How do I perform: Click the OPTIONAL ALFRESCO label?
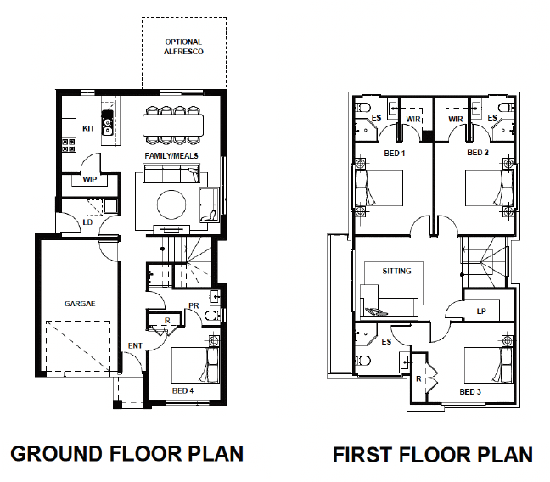tap(183, 47)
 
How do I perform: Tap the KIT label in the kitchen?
tap(88, 128)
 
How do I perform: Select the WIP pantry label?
tap(90, 179)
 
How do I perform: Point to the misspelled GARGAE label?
tap(80, 304)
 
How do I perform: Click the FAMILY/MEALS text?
tap(171, 155)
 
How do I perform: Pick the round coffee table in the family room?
tap(171, 205)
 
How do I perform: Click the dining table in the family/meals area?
tap(173, 125)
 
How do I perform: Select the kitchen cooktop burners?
tap(69, 145)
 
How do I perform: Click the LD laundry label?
tap(87, 222)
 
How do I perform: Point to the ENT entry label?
tap(135, 346)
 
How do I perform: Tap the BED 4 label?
tap(182, 390)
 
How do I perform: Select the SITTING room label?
tap(396, 271)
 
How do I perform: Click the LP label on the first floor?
tap(481, 311)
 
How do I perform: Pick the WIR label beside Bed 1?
tap(413, 119)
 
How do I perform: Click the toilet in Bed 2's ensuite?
tap(506, 106)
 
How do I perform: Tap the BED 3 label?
tap(470, 391)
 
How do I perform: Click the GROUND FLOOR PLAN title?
tap(127, 453)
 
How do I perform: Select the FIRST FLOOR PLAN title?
tap(433, 455)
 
